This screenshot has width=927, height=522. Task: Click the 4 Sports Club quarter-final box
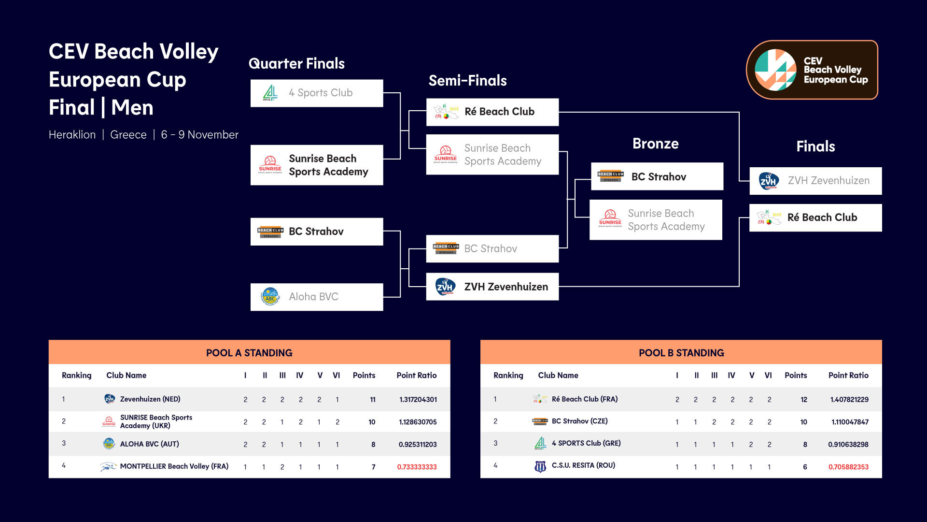(317, 93)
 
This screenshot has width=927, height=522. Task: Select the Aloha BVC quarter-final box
(317, 297)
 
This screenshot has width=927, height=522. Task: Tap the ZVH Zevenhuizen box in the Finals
(815, 181)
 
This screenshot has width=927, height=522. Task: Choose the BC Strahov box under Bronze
(657, 176)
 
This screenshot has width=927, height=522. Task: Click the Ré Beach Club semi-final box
(492, 112)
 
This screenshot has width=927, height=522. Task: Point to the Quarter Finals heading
(296, 63)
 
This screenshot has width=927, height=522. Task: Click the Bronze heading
(656, 144)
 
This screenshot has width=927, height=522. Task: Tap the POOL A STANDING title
(249, 353)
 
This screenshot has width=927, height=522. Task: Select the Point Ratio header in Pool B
(848, 375)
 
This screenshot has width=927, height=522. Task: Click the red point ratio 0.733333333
(417, 467)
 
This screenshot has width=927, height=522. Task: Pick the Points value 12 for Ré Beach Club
(804, 400)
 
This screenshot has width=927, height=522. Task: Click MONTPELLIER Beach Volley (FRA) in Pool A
(174, 466)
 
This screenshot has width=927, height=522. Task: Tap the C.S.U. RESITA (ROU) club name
(583, 465)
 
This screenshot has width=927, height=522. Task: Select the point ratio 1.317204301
(418, 400)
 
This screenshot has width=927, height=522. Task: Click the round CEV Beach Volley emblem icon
(775, 70)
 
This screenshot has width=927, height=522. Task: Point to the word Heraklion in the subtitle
(72, 135)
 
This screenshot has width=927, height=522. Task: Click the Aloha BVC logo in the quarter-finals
(270, 297)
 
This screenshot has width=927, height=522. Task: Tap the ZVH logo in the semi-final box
(445, 287)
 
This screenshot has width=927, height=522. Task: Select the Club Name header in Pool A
(126, 375)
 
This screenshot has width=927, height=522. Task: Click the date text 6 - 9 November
(199, 135)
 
